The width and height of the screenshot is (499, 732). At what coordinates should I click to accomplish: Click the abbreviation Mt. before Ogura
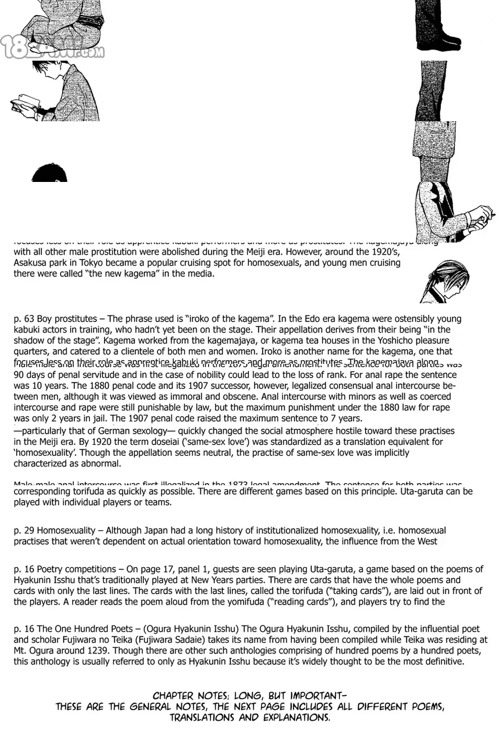[x=20, y=650]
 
